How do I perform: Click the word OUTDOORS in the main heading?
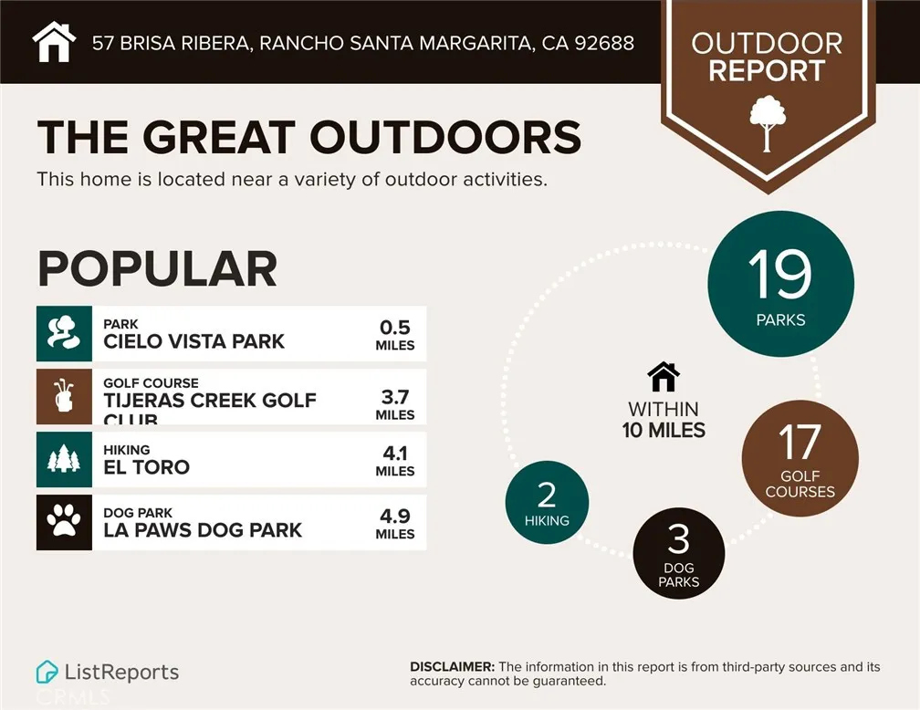point(445,138)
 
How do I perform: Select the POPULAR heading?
point(157,268)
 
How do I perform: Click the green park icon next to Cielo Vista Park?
point(64,333)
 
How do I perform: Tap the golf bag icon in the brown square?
point(64,396)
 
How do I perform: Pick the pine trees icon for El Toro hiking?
point(64,459)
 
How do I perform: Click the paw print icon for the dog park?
point(64,522)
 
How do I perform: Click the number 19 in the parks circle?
point(780,275)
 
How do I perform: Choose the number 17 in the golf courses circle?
point(800,444)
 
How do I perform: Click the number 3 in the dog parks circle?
point(678,540)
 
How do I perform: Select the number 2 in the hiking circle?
point(547,495)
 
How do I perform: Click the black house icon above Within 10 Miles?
point(664,376)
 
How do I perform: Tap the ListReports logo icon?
point(47,673)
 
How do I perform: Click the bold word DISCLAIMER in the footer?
point(452,667)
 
